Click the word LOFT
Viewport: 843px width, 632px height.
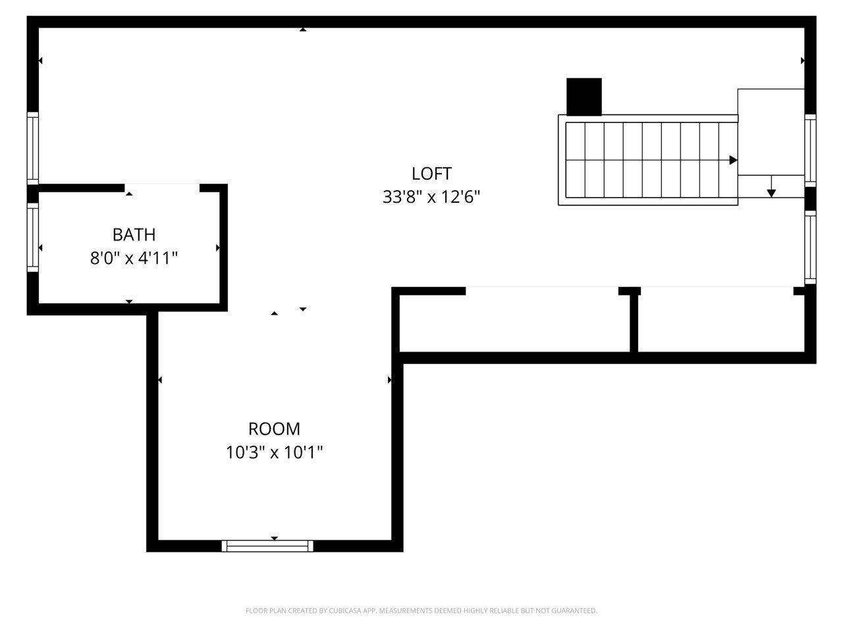tap(431, 174)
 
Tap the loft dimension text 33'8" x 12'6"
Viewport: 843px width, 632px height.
tap(431, 197)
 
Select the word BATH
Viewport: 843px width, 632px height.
tap(134, 235)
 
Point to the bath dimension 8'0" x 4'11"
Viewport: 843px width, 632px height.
tap(134, 258)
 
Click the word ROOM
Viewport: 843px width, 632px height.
tap(274, 429)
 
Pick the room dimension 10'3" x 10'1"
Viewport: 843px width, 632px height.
tap(274, 452)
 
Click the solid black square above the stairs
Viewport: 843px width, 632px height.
tap(584, 97)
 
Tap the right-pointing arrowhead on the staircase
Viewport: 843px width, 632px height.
tap(733, 160)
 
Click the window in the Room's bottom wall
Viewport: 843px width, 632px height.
tap(267, 546)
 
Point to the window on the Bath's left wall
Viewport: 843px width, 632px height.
tap(33, 237)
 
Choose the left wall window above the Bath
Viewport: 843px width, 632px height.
tap(33, 148)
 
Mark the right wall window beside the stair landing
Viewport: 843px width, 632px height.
tap(810, 150)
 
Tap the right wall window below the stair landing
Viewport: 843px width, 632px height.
tap(810, 248)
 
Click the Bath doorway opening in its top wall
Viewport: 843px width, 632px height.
tap(162, 188)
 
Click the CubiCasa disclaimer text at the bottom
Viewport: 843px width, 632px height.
tap(421, 610)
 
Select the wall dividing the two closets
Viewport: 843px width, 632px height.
tap(634, 323)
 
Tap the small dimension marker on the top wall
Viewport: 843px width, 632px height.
tap(303, 30)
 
